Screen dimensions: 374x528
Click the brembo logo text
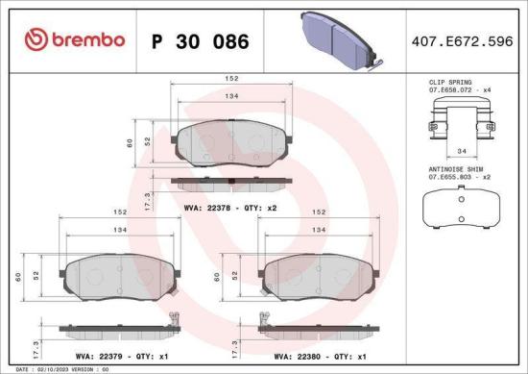tap(76, 40)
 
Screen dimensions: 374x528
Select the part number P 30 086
tap(201, 41)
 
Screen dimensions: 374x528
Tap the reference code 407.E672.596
tap(461, 41)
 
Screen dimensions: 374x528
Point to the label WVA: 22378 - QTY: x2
tap(231, 207)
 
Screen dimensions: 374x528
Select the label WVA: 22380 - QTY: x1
tap(313, 356)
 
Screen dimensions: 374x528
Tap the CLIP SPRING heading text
tap(448, 84)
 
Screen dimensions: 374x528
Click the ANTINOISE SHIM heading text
tap(455, 168)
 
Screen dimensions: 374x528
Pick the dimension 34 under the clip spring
tap(462, 151)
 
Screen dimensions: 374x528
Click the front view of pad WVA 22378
tap(231, 143)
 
